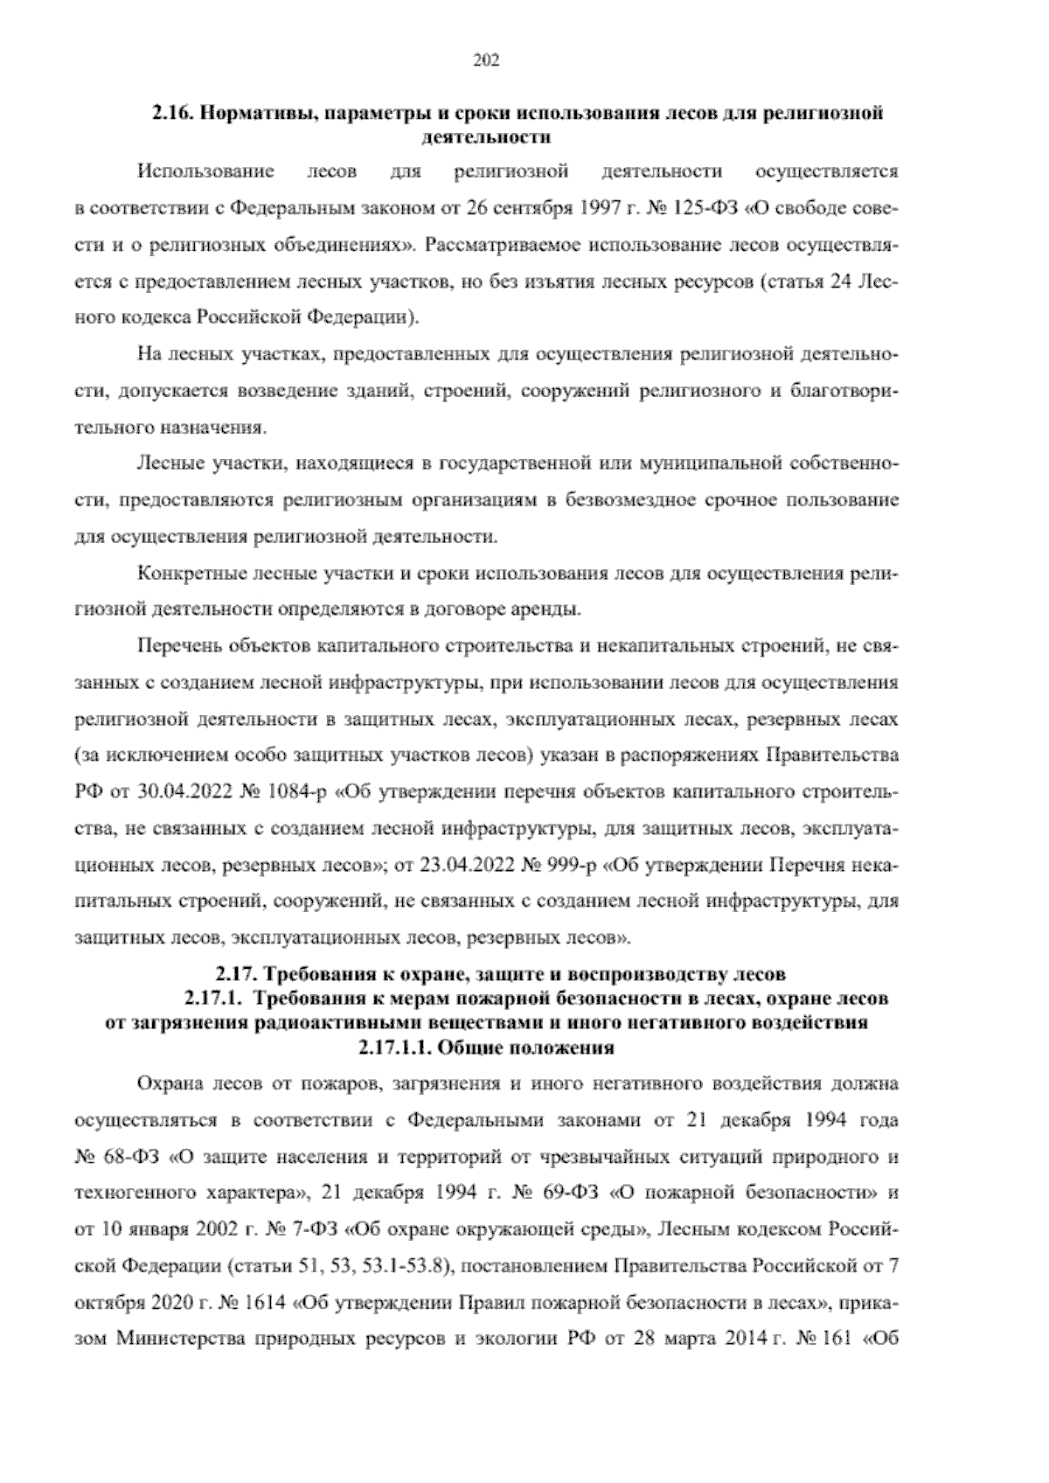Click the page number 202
point(485,60)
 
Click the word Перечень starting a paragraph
point(177,646)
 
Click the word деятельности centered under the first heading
point(485,136)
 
